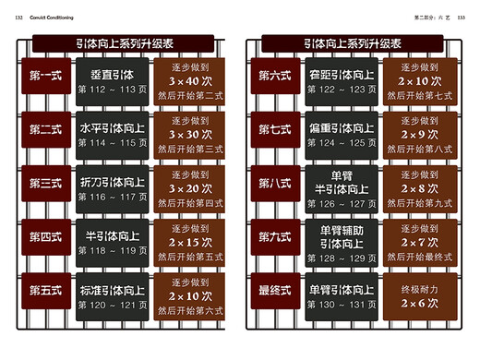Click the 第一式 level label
point(45,77)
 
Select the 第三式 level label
point(45,184)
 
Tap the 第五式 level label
point(45,291)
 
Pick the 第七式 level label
point(276,130)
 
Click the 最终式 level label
point(276,291)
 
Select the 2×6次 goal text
point(420,303)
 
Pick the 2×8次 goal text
point(420,187)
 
